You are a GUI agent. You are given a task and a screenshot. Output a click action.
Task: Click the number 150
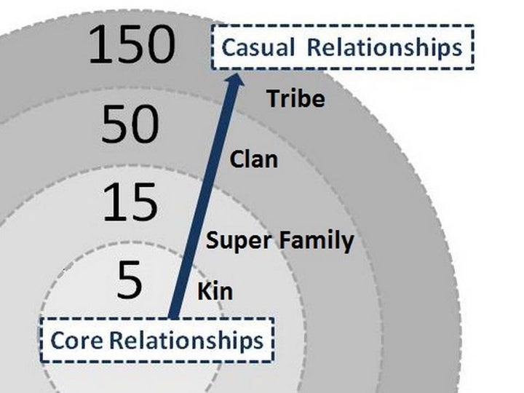[132, 44]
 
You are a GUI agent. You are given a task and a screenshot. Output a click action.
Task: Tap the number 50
[130, 124]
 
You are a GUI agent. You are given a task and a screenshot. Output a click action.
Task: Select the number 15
[130, 202]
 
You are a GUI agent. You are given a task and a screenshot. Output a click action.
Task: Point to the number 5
[130, 281]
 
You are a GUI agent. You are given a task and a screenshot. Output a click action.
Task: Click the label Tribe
[295, 99]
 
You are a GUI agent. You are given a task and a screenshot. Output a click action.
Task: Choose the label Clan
[254, 159]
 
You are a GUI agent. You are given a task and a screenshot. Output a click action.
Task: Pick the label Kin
[215, 293]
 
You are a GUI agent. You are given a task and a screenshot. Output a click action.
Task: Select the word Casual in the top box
[258, 47]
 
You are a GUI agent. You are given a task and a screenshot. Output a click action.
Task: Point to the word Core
[74, 340]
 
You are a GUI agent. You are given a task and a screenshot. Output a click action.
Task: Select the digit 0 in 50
[144, 124]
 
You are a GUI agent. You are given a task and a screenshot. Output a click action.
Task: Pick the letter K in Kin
[204, 293]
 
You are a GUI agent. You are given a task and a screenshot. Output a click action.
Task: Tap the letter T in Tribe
[273, 99]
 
